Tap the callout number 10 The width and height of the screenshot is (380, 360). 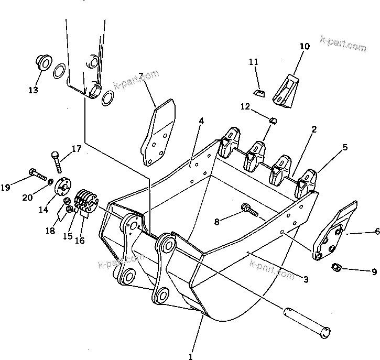[x=304, y=47]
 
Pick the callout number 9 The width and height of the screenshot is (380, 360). [x=373, y=271]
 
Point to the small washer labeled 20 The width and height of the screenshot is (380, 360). [x=50, y=182]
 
